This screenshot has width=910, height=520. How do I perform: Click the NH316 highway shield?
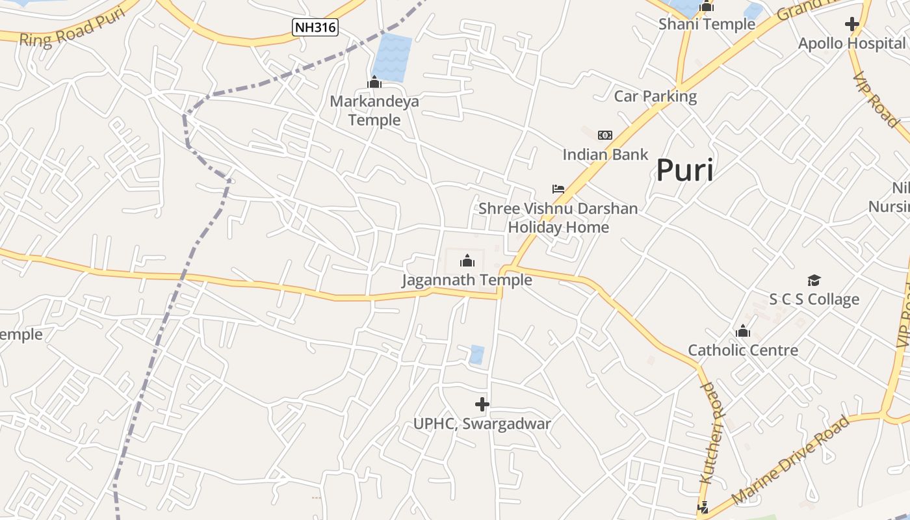[x=315, y=27]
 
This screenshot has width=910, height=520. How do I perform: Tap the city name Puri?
[x=684, y=170]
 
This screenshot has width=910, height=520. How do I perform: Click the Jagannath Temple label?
[x=467, y=280]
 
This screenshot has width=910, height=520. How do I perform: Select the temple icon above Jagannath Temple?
[x=467, y=261]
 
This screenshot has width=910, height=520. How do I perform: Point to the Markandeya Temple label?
[x=374, y=110]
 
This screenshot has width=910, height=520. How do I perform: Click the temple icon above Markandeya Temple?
[x=374, y=83]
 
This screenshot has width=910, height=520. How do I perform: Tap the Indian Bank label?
[x=605, y=155]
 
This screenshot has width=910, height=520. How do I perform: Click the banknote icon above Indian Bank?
[x=605, y=135]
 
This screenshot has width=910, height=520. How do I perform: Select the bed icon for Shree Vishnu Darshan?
[x=558, y=189]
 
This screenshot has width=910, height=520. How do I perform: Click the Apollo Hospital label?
[x=851, y=44]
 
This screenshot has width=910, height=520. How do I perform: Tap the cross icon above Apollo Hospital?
[x=851, y=25]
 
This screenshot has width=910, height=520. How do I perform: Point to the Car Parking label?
[x=655, y=97]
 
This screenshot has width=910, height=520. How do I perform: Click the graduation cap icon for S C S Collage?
[x=814, y=280]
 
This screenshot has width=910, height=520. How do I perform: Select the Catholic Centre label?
[x=743, y=350]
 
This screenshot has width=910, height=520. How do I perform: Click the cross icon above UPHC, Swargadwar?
[x=482, y=404]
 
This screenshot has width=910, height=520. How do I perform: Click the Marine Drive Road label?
[x=790, y=460]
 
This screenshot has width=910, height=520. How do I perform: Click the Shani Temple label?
[x=707, y=25]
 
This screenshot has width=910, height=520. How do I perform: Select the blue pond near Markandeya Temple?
[x=393, y=57]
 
